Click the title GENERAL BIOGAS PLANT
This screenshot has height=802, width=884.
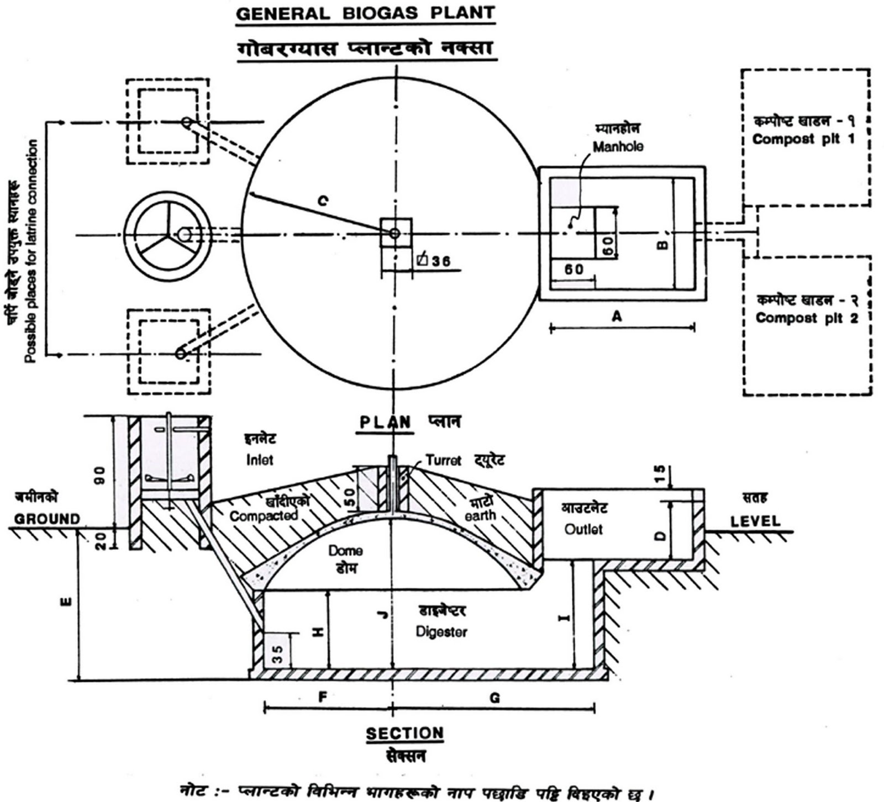point(365,13)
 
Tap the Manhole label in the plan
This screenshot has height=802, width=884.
point(618,147)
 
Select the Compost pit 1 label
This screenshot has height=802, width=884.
point(803,139)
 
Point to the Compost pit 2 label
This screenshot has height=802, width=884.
point(806,318)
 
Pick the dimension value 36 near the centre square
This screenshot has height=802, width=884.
point(440,261)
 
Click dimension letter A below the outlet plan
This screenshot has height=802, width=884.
point(617,316)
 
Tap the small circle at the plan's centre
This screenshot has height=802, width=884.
point(394,234)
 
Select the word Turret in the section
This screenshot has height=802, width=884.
point(443,460)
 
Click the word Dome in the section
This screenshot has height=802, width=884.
point(345,550)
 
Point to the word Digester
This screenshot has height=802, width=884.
point(441,631)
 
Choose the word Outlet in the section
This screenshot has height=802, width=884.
point(583,529)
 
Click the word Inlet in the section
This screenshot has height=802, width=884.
point(260,460)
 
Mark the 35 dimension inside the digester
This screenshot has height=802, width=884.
point(278,653)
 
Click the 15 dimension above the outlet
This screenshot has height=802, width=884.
point(660,473)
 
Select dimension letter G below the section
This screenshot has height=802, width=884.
point(494,698)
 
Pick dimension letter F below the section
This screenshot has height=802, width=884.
point(323,697)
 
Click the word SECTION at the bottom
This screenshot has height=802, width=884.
point(404,734)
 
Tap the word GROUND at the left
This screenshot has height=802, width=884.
point(47,519)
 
